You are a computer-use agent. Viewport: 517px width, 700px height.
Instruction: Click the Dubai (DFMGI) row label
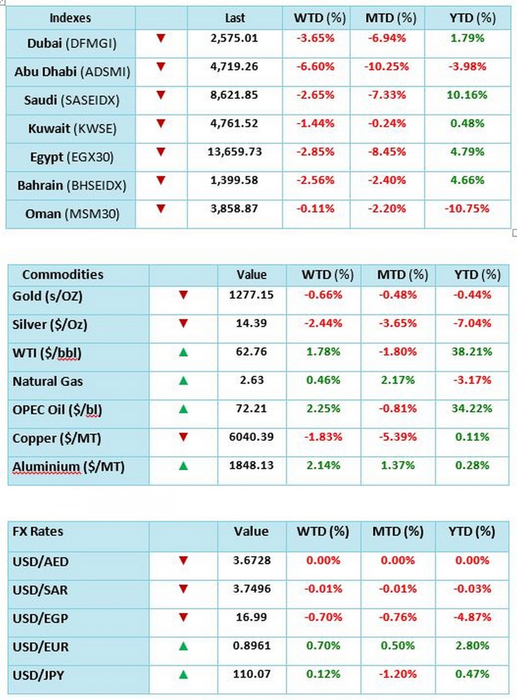click(x=71, y=43)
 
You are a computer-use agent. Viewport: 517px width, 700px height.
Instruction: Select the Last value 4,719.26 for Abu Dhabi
click(x=234, y=66)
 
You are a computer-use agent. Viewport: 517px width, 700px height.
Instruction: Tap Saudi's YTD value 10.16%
click(x=467, y=95)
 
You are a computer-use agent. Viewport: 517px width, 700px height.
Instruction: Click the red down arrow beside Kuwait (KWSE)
click(x=161, y=124)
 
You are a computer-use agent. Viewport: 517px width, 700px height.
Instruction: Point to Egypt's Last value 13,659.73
click(x=234, y=152)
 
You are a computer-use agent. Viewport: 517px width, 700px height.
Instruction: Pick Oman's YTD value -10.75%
click(x=467, y=209)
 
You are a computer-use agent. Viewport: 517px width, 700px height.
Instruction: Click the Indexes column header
click(x=70, y=18)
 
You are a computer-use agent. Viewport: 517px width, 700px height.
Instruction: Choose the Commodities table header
click(x=63, y=275)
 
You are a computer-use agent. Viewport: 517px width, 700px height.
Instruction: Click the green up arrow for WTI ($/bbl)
click(x=183, y=352)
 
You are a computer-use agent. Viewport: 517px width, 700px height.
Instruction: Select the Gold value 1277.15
click(x=251, y=295)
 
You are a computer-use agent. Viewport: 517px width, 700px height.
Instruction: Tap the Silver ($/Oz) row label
click(x=50, y=324)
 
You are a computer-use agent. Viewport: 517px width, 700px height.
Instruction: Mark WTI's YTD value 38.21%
click(x=472, y=352)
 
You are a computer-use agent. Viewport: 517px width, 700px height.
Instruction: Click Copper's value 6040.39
click(x=251, y=437)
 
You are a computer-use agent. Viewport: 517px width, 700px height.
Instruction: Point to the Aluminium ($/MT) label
click(x=68, y=467)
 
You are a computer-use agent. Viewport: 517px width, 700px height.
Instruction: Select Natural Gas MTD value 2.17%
click(x=397, y=380)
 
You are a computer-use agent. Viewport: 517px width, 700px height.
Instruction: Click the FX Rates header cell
click(x=38, y=532)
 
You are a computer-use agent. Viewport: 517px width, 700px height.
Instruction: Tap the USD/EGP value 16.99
click(x=251, y=617)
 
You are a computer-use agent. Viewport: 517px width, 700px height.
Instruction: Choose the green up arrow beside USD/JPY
click(x=183, y=674)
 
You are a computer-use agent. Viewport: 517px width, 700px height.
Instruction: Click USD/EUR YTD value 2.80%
click(x=472, y=646)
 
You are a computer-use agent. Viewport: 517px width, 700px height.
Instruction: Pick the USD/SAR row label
click(x=40, y=590)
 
